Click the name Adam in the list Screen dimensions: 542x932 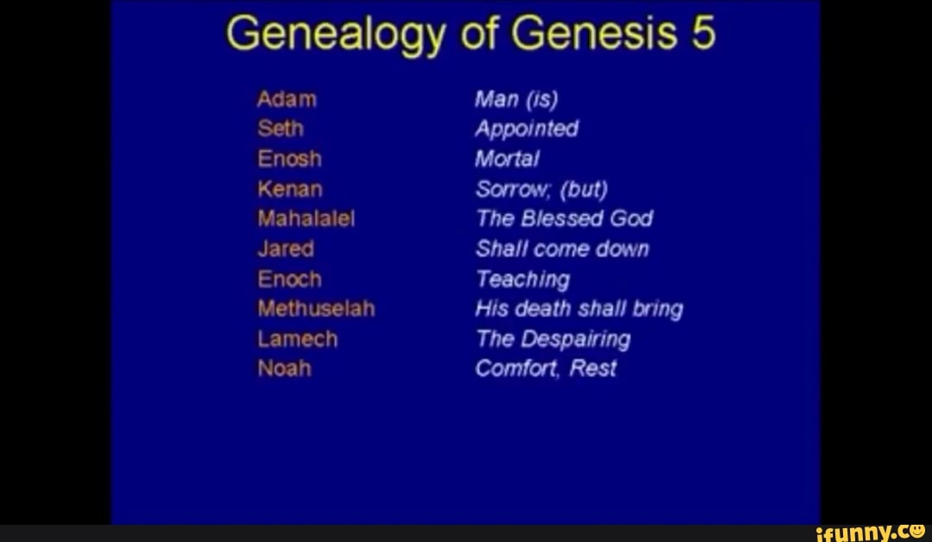(287, 99)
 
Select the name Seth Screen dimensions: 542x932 (280, 129)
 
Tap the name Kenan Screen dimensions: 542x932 (289, 189)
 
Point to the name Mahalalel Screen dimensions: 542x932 (305, 219)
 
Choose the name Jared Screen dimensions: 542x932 (285, 249)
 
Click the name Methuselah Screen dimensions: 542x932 (316, 309)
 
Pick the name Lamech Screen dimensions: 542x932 (297, 339)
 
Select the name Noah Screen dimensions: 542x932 (284, 369)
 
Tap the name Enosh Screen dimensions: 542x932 (289, 159)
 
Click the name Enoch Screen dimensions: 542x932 (289, 280)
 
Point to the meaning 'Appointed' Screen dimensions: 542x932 (526, 129)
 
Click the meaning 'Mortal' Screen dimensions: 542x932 (507, 160)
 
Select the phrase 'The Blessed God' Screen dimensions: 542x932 (564, 219)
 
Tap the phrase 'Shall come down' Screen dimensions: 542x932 (562, 249)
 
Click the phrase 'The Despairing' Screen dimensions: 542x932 (553, 339)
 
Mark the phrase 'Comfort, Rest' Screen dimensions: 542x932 (545, 369)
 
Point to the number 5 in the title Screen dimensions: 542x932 (702, 35)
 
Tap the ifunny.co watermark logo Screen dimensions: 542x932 (871, 531)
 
